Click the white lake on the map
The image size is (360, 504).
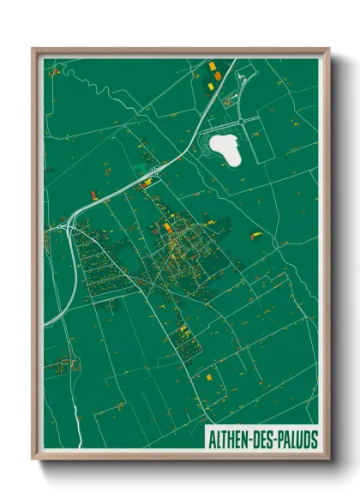tap(227, 148)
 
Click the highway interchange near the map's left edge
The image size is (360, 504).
tap(69, 225)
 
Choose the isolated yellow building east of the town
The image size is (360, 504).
tap(255, 235)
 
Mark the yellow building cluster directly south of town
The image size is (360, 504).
tap(183, 329)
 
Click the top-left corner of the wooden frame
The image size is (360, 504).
tap(33, 49)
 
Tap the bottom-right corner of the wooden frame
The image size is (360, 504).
tap(328, 461)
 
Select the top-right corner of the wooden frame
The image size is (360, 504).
tap(328, 49)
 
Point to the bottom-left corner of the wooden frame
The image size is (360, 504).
tap(33, 461)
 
